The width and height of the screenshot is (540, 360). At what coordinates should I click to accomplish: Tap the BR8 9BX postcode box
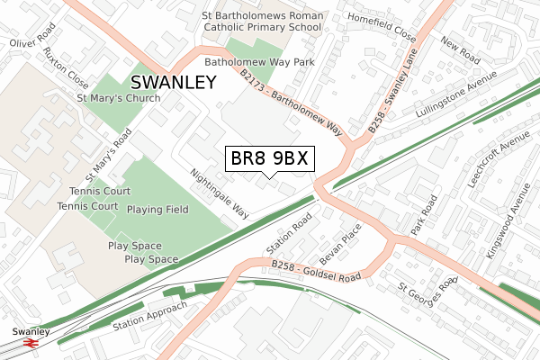click(269, 158)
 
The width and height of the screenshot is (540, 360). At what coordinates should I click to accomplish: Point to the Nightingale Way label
click(220, 193)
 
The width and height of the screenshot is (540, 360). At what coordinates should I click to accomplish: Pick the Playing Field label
click(157, 210)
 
